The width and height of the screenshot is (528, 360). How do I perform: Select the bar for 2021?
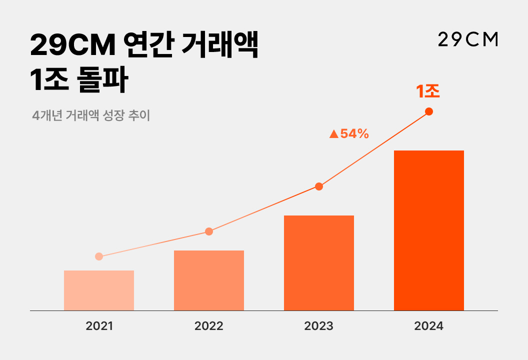pyautogui.click(x=99, y=290)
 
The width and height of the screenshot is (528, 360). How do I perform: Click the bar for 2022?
pyautogui.click(x=209, y=280)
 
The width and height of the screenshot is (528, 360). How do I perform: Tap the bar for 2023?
pyautogui.click(x=319, y=263)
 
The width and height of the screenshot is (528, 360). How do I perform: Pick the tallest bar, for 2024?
pyautogui.click(x=429, y=230)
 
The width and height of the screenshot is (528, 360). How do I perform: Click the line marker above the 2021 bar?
pyautogui.click(x=99, y=256)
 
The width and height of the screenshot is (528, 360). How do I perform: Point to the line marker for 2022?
pyautogui.click(x=209, y=231)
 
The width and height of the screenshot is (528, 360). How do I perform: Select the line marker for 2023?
pyautogui.click(x=319, y=186)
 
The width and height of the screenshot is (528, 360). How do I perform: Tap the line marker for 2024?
pyautogui.click(x=429, y=111)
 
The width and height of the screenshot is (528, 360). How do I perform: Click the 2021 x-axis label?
pyautogui.click(x=99, y=326)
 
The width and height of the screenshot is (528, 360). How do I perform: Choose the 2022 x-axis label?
pyautogui.click(x=209, y=326)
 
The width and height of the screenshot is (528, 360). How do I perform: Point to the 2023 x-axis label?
pyautogui.click(x=319, y=326)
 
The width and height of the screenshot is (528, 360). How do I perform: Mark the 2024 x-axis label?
pyautogui.click(x=429, y=326)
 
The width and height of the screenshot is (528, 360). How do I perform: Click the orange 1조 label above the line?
pyautogui.click(x=428, y=91)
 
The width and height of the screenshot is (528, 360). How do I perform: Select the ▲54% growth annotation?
pyautogui.click(x=349, y=134)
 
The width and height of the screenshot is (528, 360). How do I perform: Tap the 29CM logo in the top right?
pyautogui.click(x=468, y=39)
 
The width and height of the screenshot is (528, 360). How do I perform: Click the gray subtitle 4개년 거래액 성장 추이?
pyautogui.click(x=91, y=115)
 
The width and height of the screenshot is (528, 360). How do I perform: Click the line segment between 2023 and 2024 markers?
pyautogui.click(x=374, y=149)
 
